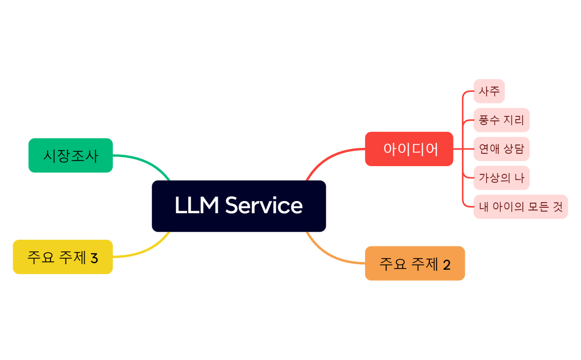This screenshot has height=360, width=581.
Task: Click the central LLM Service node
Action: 239,206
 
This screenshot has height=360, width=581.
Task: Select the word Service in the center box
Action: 264,205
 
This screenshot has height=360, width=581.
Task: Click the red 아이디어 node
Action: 409,149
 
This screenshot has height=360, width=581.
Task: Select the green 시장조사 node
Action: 70,156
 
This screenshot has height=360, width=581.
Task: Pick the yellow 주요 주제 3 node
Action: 63,257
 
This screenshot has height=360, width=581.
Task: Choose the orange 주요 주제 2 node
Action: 414,264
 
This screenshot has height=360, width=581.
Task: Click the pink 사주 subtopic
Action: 489,91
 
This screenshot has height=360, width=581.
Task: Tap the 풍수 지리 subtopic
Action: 501,120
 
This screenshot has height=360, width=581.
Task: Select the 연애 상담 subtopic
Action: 501,149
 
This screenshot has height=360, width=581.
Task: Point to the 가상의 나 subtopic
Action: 501,178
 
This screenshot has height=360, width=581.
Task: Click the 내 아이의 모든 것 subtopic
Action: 521,207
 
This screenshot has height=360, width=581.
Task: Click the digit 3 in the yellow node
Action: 94,258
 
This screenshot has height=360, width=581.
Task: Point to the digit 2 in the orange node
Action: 447,265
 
